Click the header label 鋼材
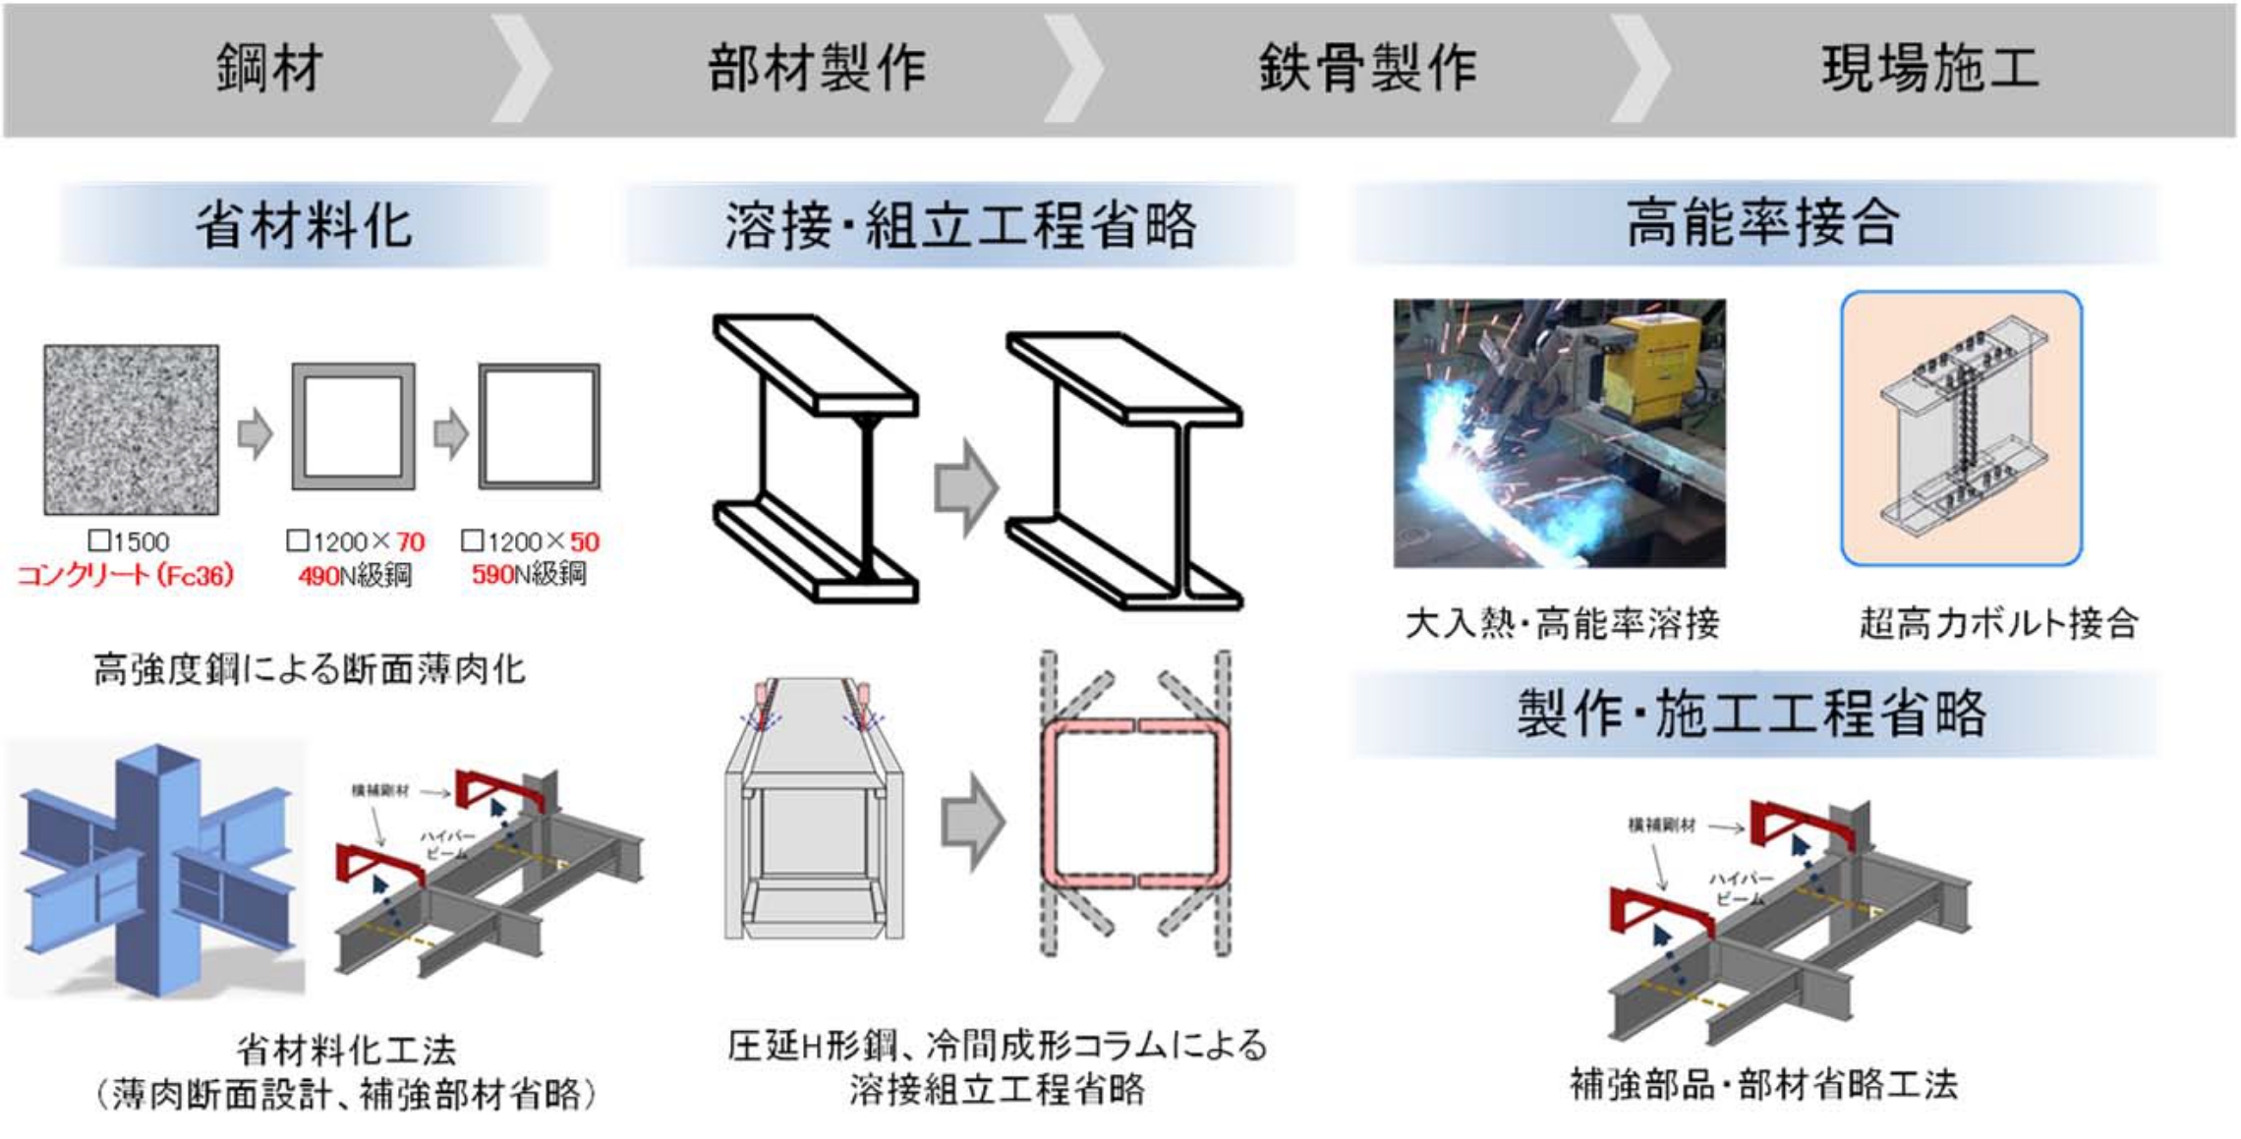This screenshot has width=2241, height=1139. (x=269, y=69)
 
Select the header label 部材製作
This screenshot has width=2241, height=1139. (x=817, y=69)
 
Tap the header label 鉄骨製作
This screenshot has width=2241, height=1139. (x=1367, y=69)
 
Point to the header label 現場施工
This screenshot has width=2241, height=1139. (x=1930, y=69)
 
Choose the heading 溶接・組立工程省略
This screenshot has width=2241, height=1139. (x=960, y=225)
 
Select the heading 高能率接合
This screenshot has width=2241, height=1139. (x=1761, y=223)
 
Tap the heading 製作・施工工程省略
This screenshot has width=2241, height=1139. (x=1752, y=713)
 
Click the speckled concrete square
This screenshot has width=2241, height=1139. (x=131, y=429)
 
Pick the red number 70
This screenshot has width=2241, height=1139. (x=410, y=542)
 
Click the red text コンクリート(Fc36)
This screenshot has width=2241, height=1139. (x=126, y=576)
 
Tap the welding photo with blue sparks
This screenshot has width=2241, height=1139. (x=1559, y=433)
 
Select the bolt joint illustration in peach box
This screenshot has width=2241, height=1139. (x=1961, y=428)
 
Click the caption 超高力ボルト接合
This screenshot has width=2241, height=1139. (x=1997, y=623)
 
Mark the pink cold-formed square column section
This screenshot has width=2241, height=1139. (x=1136, y=804)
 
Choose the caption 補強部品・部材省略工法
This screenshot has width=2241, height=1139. (x=1763, y=1085)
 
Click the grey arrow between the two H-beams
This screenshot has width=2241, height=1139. (x=965, y=487)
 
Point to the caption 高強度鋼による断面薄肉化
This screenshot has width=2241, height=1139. (x=309, y=670)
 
